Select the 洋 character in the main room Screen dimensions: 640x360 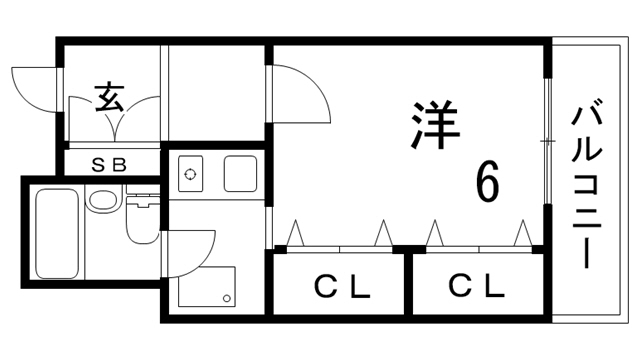(434, 124)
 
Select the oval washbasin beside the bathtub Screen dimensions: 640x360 (102, 199)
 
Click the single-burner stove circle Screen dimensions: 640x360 (190, 174)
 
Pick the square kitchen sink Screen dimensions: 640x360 (241, 174)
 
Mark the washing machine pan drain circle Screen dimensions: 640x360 (227, 298)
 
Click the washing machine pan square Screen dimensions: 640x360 (208, 286)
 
